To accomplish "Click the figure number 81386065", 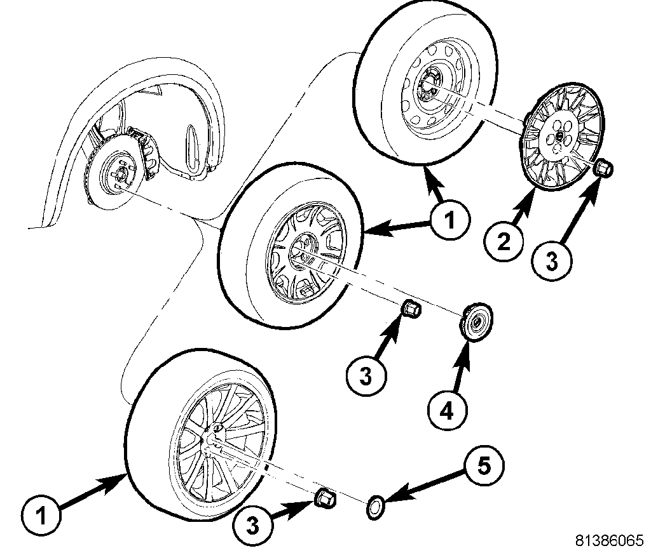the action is click(609, 540).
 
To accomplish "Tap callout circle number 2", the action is click(503, 243).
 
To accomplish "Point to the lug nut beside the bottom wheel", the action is click(325, 498).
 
